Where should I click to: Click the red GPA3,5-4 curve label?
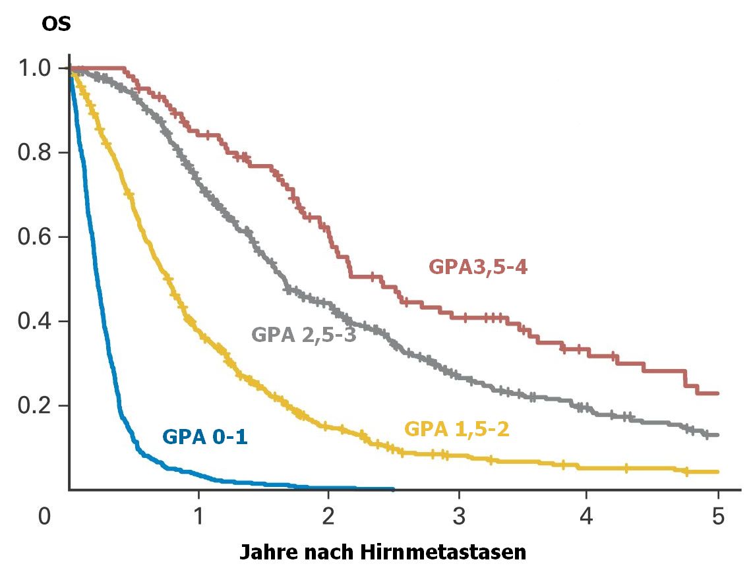point(478,268)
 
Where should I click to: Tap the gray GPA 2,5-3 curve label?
point(304,335)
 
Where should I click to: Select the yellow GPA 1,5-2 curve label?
point(456,430)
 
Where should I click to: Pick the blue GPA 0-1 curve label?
point(205,437)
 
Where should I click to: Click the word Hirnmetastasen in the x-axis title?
point(450,552)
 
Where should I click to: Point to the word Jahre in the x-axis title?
point(264,552)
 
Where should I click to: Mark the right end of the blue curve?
point(393,489)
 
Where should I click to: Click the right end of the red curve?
point(717,393)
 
